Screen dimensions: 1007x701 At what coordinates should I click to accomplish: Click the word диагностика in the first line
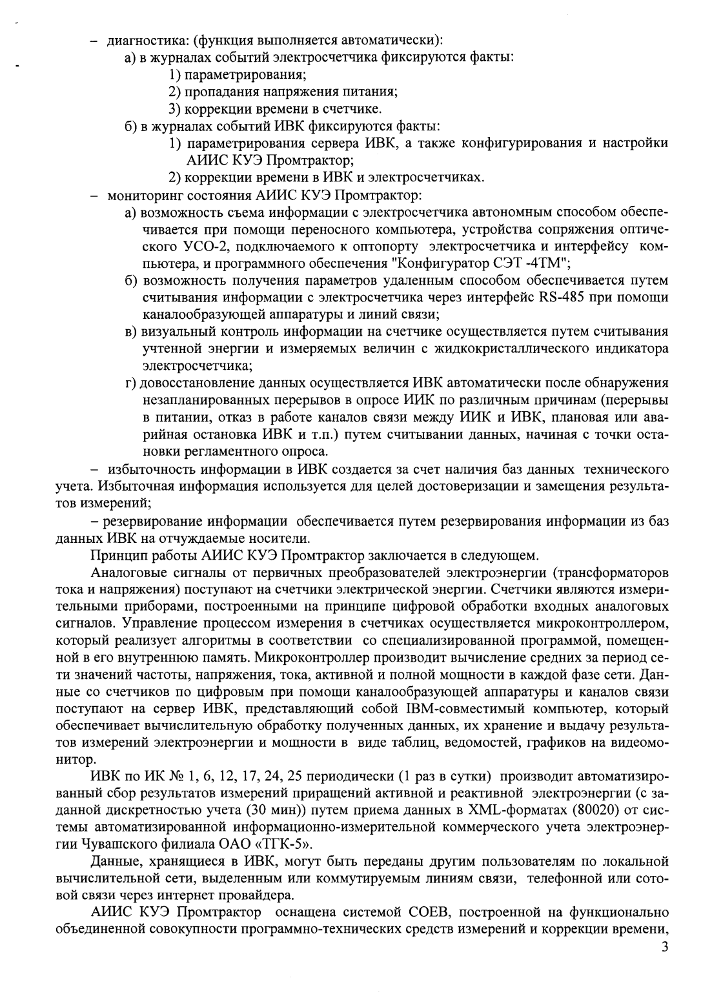point(137,40)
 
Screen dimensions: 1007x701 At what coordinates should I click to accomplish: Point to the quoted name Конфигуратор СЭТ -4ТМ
point(493,264)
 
